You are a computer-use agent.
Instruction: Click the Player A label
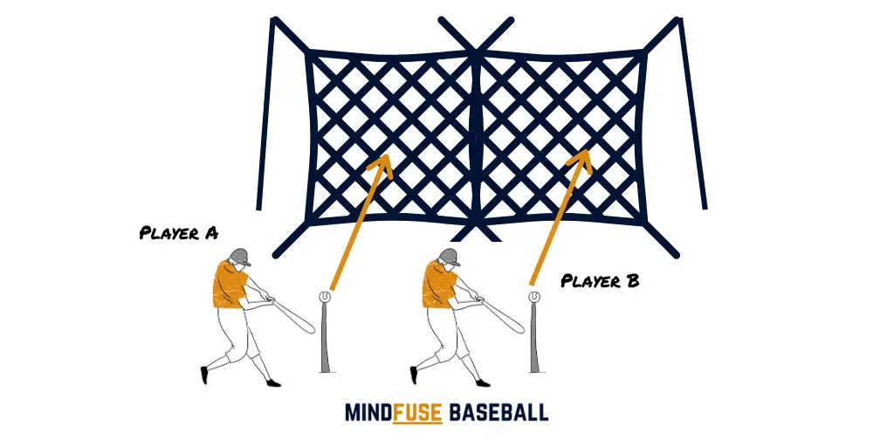pos(178,233)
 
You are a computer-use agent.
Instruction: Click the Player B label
pos(600,280)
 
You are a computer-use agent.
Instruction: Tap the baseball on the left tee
pos(325,297)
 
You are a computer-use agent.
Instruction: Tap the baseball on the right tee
pos(534,297)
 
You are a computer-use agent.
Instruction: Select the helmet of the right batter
pos(450,257)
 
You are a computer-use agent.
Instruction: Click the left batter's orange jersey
pos(230,285)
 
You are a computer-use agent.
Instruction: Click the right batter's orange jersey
pos(439,285)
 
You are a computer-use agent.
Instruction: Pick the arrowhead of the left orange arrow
pos(382,165)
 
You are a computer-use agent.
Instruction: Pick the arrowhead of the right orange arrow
pos(581,161)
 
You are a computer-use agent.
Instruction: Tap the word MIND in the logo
pos(368,412)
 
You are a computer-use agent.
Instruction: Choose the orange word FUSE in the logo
pos(417,412)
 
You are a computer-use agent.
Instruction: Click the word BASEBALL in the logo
pos(499,412)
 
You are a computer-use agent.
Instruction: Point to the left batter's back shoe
pos(204,375)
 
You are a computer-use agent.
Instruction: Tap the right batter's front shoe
pos(483,382)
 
